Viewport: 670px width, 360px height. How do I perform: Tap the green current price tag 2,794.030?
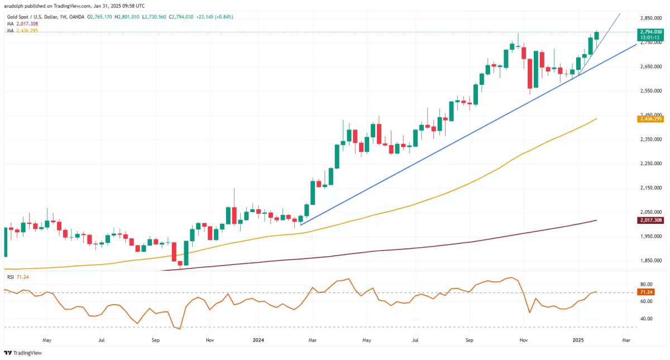click(651, 32)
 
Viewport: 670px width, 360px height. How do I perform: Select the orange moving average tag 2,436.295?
click(650, 119)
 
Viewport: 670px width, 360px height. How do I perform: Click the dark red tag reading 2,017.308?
click(650, 220)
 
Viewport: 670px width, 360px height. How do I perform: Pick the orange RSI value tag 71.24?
click(647, 292)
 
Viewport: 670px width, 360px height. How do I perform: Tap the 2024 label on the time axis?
click(258, 339)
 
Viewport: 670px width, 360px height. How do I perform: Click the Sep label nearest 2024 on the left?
click(156, 339)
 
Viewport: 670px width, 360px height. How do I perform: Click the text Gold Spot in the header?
click(17, 17)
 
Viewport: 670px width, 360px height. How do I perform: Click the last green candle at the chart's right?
click(597, 35)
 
